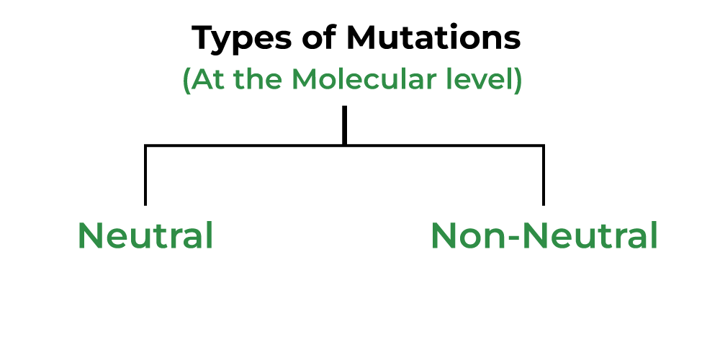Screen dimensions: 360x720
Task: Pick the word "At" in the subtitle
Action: click(x=204, y=80)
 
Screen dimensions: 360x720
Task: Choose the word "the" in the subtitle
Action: click(x=256, y=80)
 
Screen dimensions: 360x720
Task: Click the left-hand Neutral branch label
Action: click(x=145, y=235)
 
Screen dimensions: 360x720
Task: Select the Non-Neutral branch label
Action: click(x=544, y=235)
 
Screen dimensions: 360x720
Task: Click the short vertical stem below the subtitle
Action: click(x=345, y=124)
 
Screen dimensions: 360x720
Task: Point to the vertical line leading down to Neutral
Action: click(x=145, y=176)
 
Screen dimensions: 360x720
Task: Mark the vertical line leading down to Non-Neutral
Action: click(x=544, y=176)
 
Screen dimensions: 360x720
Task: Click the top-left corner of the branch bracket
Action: click(x=145, y=146)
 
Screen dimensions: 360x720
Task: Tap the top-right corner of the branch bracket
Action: click(x=544, y=146)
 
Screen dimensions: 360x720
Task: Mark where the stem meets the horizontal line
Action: click(x=345, y=145)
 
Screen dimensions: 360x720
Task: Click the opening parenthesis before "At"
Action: click(x=186, y=81)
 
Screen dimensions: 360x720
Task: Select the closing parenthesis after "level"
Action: click(x=517, y=81)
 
